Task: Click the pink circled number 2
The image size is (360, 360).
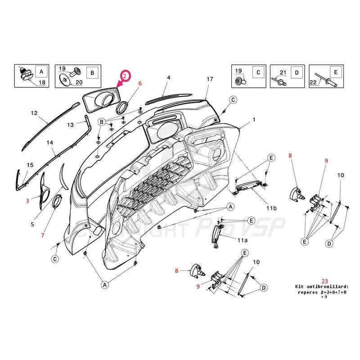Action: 125,76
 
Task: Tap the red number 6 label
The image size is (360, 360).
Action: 140,83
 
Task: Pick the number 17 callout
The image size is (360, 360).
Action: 210,79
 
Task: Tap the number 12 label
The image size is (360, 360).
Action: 34,113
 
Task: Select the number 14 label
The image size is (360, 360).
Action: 50,142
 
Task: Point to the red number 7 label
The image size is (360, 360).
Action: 43,235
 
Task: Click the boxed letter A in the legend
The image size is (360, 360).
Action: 41,72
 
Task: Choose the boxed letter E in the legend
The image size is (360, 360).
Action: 335,72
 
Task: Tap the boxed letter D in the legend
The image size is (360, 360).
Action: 297,72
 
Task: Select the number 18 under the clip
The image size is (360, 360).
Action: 41,82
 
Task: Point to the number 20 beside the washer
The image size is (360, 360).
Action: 79,82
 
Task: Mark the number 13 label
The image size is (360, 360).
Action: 70,124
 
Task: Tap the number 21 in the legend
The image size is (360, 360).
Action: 283,72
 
